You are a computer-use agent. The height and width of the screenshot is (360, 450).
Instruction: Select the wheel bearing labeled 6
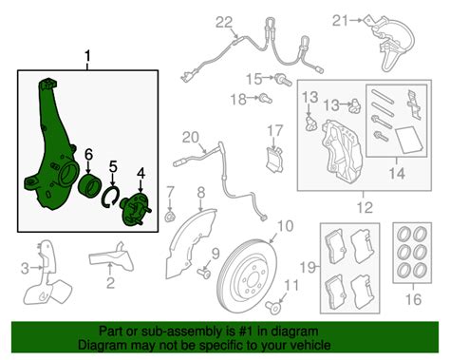coord(89,185)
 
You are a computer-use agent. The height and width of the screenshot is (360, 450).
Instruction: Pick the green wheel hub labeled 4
coord(136,210)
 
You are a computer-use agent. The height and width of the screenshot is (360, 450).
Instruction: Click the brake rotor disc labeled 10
coord(247,277)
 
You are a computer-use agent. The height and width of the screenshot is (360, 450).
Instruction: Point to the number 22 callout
coord(224,23)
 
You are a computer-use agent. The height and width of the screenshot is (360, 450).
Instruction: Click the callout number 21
coord(340,21)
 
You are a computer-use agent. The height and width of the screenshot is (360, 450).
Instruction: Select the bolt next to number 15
coord(283,79)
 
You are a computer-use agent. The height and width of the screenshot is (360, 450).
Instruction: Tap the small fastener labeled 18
coord(265,98)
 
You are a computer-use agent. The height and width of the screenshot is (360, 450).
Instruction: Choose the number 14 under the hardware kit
coord(397,174)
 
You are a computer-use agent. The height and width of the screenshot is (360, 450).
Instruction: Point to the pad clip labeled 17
coord(274,160)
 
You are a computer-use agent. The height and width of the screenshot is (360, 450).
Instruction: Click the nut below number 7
coord(170,217)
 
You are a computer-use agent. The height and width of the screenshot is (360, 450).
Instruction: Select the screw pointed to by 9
coord(204,274)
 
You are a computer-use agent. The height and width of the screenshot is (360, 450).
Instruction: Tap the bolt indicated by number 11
coord(273,307)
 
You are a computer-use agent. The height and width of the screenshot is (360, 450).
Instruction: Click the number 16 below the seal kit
coord(413,299)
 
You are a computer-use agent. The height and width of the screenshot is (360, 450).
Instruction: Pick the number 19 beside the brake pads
coord(308,268)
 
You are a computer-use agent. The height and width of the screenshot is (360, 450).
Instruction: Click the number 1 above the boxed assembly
coord(87,57)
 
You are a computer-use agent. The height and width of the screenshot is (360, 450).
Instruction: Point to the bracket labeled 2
coord(111,256)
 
